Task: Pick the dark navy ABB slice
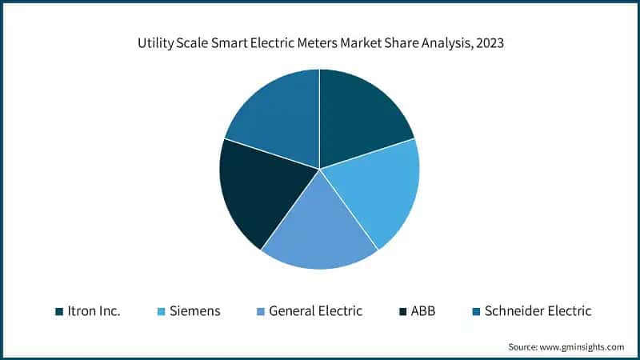pos(256,192)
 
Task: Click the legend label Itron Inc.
pos(94,311)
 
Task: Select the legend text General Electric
pos(315,311)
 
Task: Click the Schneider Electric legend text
pos(538,311)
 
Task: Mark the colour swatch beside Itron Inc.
pos(59,311)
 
